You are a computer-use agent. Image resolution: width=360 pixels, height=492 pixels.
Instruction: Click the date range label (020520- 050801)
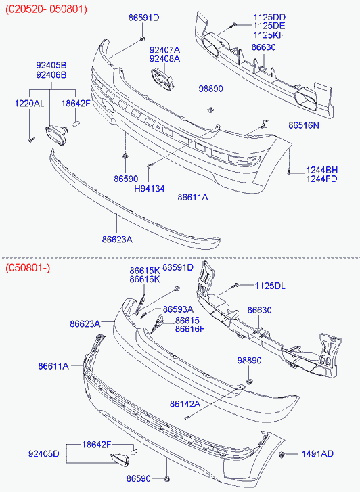pyautogui.click(x=46, y=9)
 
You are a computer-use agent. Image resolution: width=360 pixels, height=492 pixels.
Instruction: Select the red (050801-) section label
pyautogui.click(x=28, y=268)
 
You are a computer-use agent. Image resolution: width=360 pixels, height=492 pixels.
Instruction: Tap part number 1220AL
pyautogui.click(x=30, y=104)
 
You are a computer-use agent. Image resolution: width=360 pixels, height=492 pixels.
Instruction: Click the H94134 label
pyautogui.click(x=150, y=189)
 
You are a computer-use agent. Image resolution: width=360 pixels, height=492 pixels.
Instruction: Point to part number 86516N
pyautogui.click(x=304, y=125)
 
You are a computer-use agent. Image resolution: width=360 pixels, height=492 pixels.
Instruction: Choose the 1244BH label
pyautogui.click(x=321, y=170)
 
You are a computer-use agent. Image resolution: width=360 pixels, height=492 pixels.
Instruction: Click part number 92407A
pyautogui.click(x=165, y=50)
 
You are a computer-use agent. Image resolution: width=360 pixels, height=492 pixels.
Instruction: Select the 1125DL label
pyautogui.click(x=270, y=286)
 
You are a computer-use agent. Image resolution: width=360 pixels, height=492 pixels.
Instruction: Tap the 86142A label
pyautogui.click(x=185, y=404)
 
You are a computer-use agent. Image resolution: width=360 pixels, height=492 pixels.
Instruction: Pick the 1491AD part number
pyautogui.click(x=317, y=454)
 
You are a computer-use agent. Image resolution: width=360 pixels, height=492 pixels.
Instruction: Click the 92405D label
pyautogui.click(x=43, y=454)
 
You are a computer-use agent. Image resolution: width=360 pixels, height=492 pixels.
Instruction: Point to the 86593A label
pyautogui.click(x=178, y=309)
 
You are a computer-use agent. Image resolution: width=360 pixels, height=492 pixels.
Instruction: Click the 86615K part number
pyautogui.click(x=145, y=271)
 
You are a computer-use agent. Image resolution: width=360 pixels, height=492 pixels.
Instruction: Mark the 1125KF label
pyautogui.click(x=269, y=35)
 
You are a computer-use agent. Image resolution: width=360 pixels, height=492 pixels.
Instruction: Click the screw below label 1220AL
pyautogui.click(x=31, y=140)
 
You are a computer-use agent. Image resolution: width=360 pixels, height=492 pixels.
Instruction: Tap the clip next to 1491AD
pyautogui.click(x=282, y=454)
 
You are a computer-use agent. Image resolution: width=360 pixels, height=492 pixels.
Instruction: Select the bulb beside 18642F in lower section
pyautogui.click(x=134, y=452)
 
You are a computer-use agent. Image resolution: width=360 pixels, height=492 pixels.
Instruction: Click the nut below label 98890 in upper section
pyautogui.click(x=210, y=110)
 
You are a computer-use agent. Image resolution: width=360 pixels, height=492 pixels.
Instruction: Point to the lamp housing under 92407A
pyautogui.click(x=162, y=79)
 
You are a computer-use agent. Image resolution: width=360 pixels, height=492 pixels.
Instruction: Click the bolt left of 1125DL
pyautogui.click(x=235, y=285)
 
